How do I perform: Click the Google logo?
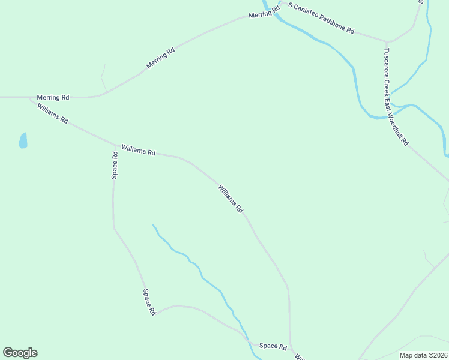(20, 353)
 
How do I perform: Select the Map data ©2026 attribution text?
(424, 355)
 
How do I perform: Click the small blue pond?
(23, 141)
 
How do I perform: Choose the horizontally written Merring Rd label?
(53, 97)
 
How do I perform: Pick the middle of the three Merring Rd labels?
(160, 58)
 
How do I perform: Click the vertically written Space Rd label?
(115, 165)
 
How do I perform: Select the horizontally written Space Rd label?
(273, 346)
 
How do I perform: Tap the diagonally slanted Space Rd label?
(149, 302)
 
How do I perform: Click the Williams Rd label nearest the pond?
(52, 113)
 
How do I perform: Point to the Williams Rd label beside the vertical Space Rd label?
(138, 150)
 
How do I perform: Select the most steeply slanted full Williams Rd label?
(231, 199)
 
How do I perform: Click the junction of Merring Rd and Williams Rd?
(29, 97)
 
